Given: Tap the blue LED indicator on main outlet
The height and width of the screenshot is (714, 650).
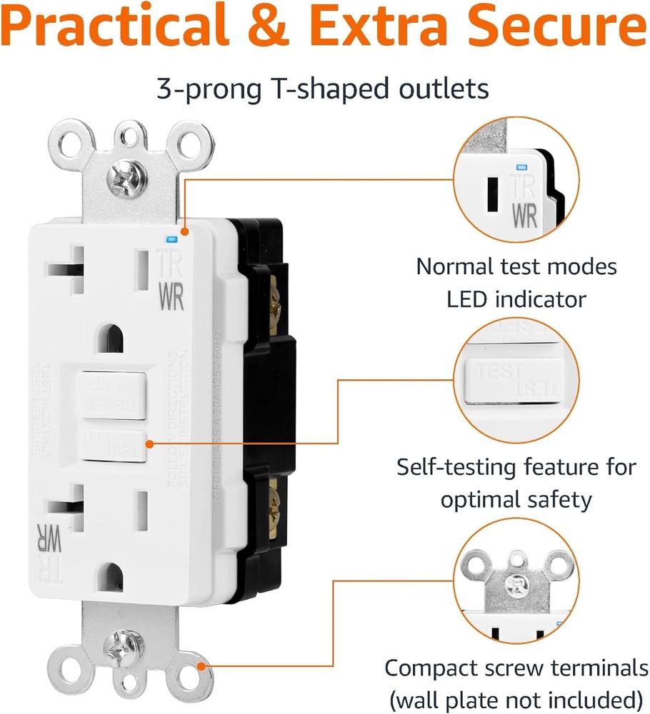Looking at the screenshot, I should (170, 240).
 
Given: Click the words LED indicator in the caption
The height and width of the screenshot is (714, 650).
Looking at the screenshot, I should (516, 298).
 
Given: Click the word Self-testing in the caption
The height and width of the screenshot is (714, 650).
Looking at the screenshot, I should (457, 468).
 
